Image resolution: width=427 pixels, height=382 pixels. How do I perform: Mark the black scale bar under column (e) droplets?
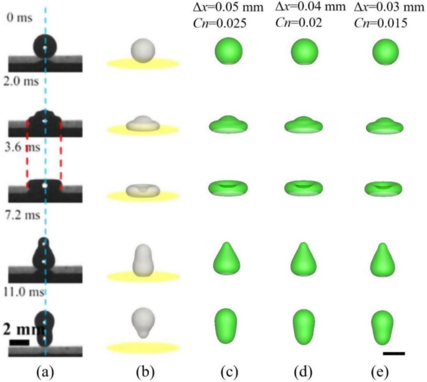(x=394, y=353)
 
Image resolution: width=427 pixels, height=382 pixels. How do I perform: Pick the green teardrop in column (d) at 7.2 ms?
(x=305, y=258)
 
